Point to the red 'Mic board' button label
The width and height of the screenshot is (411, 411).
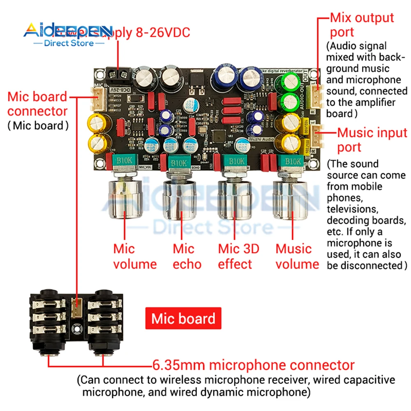coord(183,319)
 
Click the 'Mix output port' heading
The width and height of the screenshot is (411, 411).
coord(362,25)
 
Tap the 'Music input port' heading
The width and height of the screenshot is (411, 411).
coord(372,140)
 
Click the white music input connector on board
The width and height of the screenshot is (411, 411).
coord(318,136)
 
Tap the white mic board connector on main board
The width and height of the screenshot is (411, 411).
coord(98,99)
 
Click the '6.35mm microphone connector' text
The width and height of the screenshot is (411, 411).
coord(253,365)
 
